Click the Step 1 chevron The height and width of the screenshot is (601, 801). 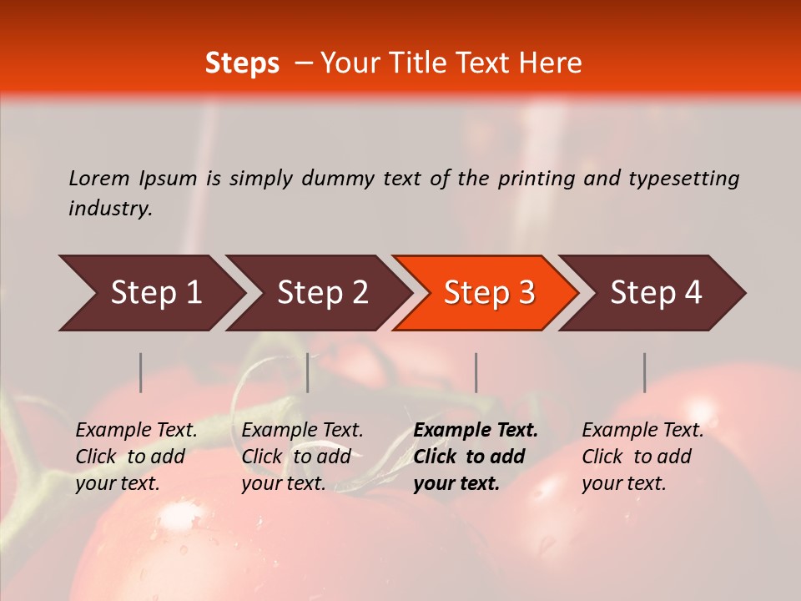point(155,293)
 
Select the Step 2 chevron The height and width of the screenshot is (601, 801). point(322,293)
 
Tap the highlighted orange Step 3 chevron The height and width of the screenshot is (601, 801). point(489,293)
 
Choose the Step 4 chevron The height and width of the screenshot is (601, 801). point(656,293)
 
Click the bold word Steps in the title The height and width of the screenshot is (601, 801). point(242,63)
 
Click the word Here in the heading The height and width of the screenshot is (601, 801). point(550,63)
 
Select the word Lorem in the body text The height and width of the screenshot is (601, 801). point(99,178)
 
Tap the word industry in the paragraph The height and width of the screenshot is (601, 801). point(109,208)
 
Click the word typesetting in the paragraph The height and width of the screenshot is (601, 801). point(683,178)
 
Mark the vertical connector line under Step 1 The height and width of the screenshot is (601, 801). point(140,372)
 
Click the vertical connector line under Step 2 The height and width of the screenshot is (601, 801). point(308,372)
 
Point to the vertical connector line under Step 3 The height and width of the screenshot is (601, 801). point(476,372)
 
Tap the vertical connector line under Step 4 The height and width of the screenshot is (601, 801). point(644,372)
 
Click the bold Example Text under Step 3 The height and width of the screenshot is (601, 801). point(476,431)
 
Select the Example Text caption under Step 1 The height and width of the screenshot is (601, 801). point(136,431)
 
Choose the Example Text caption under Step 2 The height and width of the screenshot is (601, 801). point(302,431)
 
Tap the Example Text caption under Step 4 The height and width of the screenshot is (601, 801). point(642,431)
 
